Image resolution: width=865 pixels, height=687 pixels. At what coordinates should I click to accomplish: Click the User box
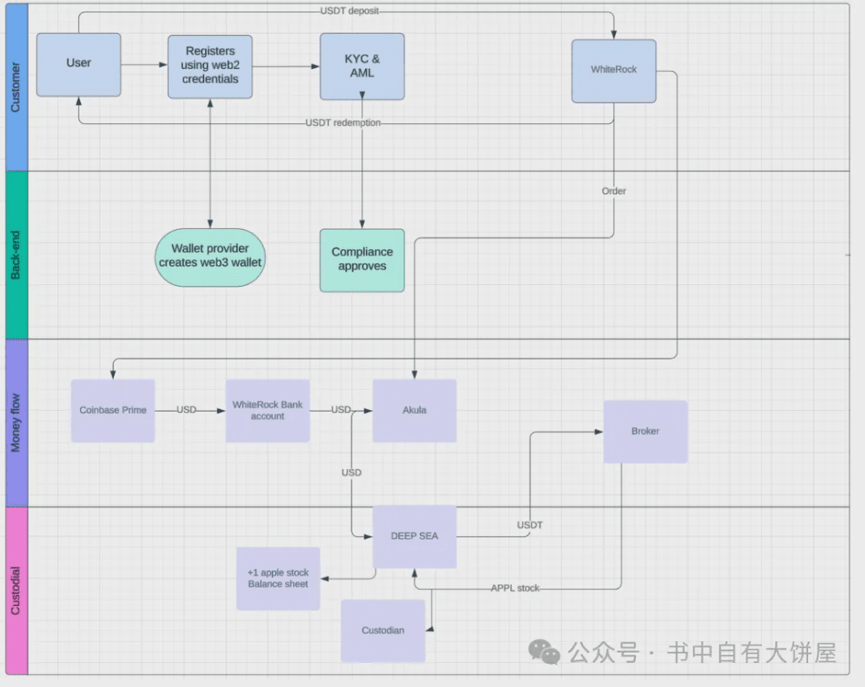pyautogui.click(x=78, y=65)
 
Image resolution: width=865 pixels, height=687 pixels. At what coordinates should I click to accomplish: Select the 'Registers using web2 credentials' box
pyautogui.click(x=210, y=66)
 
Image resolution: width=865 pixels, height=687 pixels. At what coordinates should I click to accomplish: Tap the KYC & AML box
pyautogui.click(x=362, y=66)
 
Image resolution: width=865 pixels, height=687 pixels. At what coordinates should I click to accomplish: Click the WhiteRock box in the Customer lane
pyautogui.click(x=614, y=70)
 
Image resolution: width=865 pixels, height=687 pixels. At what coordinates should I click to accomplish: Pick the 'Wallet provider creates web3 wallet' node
pyautogui.click(x=210, y=255)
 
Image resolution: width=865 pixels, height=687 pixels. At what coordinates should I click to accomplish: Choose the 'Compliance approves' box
pyautogui.click(x=362, y=259)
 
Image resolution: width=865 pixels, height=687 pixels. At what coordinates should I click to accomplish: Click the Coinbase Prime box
pyautogui.click(x=113, y=411)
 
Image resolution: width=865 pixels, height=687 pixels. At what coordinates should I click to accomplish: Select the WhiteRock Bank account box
pyautogui.click(x=268, y=411)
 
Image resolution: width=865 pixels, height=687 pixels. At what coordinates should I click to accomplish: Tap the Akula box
pyautogui.click(x=414, y=411)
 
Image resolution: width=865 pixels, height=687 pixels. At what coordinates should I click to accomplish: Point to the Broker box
pyautogui.click(x=645, y=432)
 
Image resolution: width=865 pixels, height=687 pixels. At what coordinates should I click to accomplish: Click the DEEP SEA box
pyautogui.click(x=414, y=536)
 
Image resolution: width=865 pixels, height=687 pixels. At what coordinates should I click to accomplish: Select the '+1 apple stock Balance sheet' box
pyautogui.click(x=278, y=578)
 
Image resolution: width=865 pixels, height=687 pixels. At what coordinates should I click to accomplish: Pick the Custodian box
pyautogui.click(x=383, y=631)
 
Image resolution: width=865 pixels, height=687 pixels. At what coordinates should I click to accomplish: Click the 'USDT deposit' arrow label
pyautogui.click(x=349, y=10)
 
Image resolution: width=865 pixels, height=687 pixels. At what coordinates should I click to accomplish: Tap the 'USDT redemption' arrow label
pyautogui.click(x=343, y=123)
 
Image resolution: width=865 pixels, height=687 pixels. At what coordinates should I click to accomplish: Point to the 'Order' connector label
pyautogui.click(x=614, y=191)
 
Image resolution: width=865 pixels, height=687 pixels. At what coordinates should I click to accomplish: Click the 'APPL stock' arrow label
pyautogui.click(x=515, y=589)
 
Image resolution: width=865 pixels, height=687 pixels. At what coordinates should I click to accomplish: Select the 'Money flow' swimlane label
pyautogui.click(x=16, y=423)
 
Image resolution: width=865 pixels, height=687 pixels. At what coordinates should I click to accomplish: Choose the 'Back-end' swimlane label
pyautogui.click(x=16, y=255)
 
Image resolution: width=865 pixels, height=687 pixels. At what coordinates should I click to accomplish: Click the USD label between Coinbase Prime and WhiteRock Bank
pyautogui.click(x=187, y=410)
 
